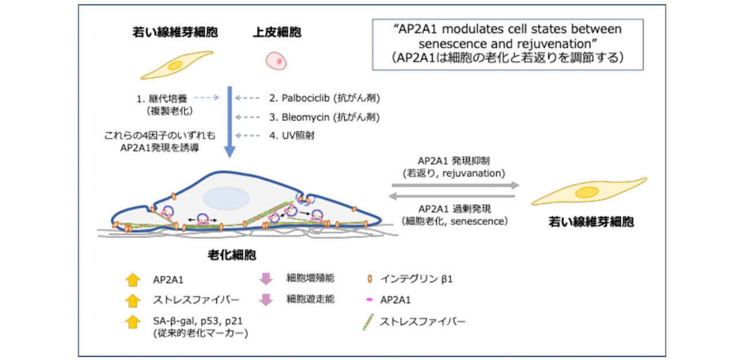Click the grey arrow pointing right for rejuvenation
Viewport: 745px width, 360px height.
point(456,185)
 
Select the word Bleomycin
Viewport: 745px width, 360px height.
point(305,117)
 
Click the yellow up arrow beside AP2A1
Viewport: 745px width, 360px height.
point(132,280)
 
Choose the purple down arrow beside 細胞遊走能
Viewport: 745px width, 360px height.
point(266,299)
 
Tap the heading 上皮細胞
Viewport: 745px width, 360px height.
point(277,33)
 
